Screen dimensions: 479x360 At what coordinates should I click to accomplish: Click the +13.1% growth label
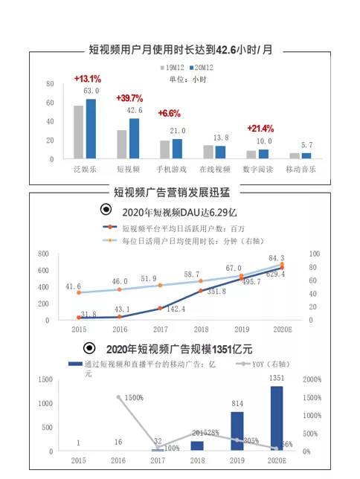coord(87,78)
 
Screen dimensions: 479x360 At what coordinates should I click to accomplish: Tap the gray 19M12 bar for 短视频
coord(122,144)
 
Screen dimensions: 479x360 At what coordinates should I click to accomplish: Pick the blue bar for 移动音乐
coord(306,155)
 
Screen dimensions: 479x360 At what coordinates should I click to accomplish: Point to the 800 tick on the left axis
coord(43,254)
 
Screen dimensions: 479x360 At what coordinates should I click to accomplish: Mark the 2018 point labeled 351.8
coord(202,290)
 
